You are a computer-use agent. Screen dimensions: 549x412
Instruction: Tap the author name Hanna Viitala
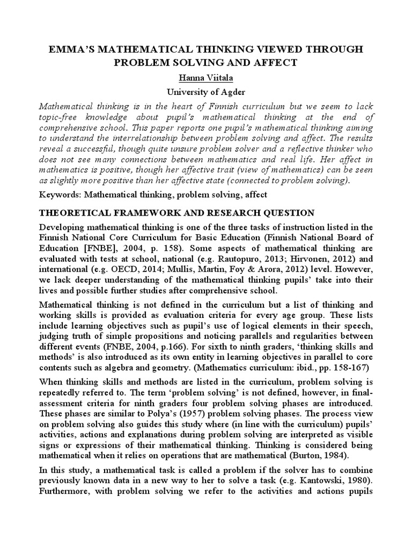(206, 78)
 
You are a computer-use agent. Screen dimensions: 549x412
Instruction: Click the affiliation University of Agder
(206, 92)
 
